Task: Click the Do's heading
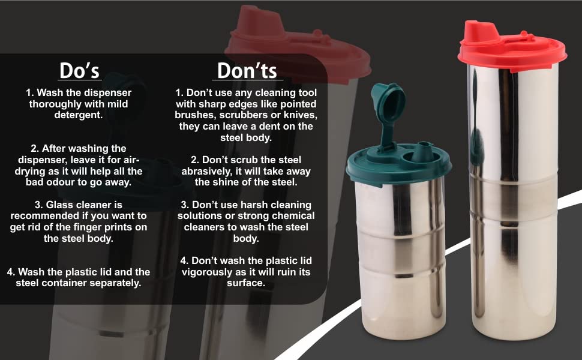click(79, 70)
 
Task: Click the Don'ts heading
click(247, 70)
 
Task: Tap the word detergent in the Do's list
click(79, 115)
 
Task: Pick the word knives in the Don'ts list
click(302, 115)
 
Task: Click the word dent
click(269, 126)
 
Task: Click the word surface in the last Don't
click(246, 283)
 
